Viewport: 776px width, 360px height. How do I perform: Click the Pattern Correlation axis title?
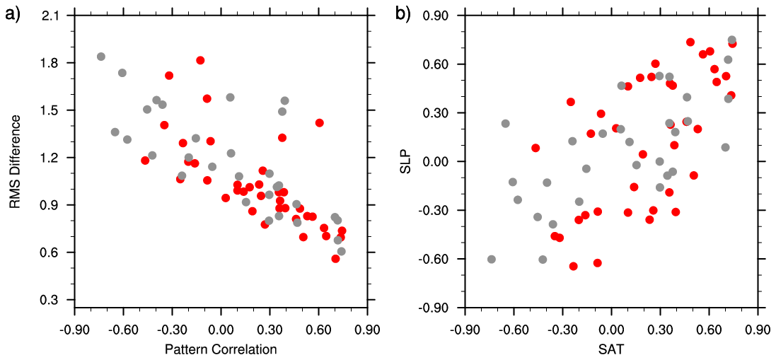click(x=221, y=349)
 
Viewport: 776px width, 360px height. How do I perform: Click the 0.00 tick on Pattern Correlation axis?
click(x=221, y=330)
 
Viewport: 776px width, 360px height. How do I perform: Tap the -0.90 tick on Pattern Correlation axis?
click(x=74, y=330)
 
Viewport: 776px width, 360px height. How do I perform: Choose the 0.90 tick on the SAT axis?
click(x=757, y=330)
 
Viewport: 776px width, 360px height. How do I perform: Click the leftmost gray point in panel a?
click(x=101, y=57)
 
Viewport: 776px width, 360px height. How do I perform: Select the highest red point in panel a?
click(x=200, y=61)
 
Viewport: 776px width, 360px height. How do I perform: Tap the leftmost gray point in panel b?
click(x=492, y=260)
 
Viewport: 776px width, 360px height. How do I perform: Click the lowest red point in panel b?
click(x=573, y=267)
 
